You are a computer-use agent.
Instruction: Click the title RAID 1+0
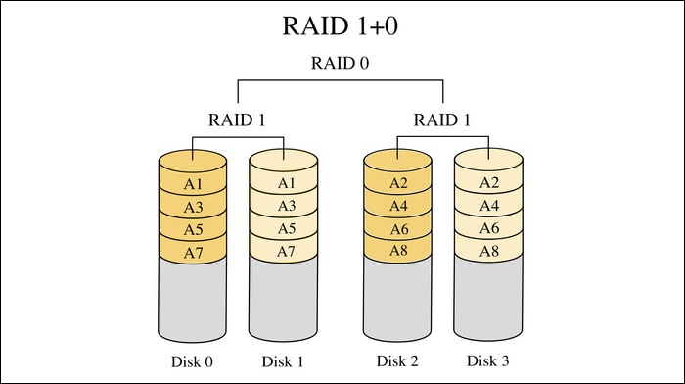point(342,26)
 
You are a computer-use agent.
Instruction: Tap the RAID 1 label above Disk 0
point(238,120)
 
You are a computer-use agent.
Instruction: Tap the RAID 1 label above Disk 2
point(443,120)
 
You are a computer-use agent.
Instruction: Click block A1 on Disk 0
point(193,183)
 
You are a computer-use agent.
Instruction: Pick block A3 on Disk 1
point(284,206)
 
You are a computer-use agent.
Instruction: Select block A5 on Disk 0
point(193,229)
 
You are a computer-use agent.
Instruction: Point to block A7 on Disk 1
point(284,252)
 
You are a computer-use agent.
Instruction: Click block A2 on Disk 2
point(397,183)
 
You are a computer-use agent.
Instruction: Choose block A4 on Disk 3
point(489,206)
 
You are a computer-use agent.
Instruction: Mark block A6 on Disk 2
point(397,229)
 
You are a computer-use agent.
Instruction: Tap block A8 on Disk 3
point(489,252)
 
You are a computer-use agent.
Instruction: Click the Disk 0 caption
point(193,361)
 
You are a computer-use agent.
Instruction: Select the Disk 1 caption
point(284,361)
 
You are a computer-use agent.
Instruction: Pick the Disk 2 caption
point(397,361)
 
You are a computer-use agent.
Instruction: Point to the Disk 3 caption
point(489,361)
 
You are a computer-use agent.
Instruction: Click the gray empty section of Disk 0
point(193,299)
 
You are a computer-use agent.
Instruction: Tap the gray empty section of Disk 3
point(489,299)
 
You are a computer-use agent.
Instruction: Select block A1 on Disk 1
point(284,183)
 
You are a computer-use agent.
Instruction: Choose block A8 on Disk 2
point(397,252)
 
